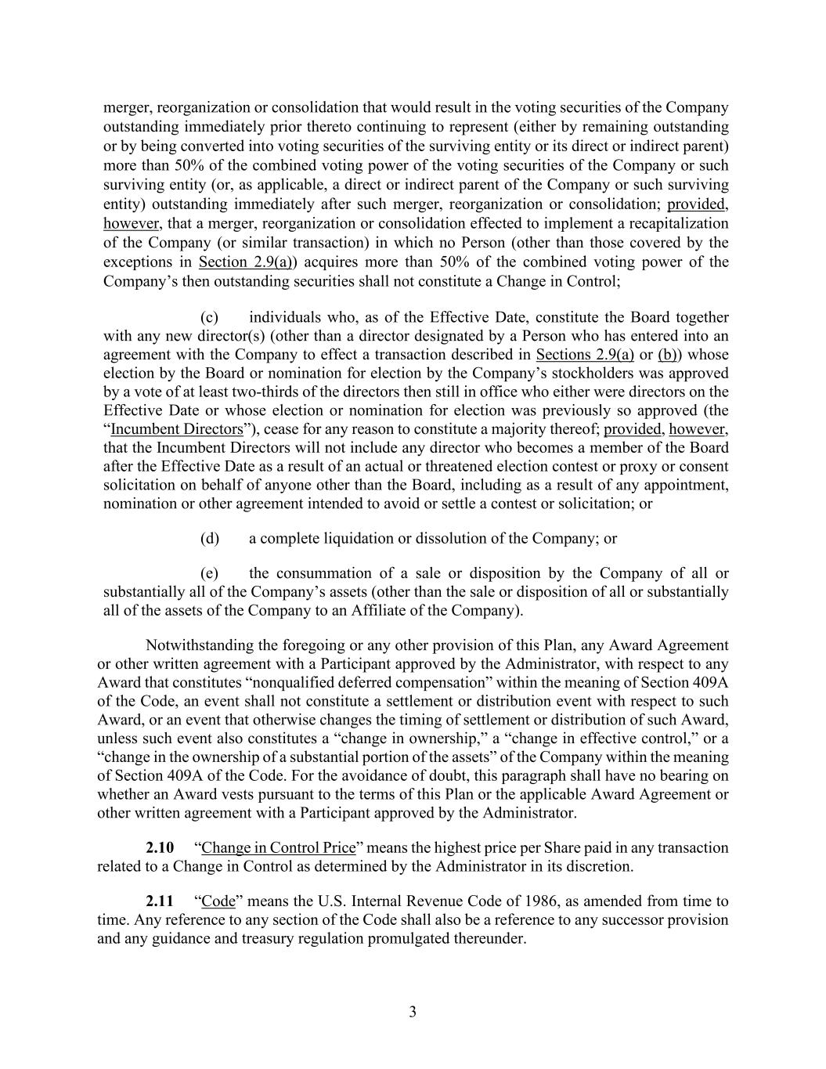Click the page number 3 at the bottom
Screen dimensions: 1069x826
(413, 1012)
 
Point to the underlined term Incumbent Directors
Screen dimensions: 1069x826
(176, 429)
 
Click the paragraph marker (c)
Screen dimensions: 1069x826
(209, 317)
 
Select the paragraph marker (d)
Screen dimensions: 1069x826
(209, 539)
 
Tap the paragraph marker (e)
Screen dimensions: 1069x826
(209, 573)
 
